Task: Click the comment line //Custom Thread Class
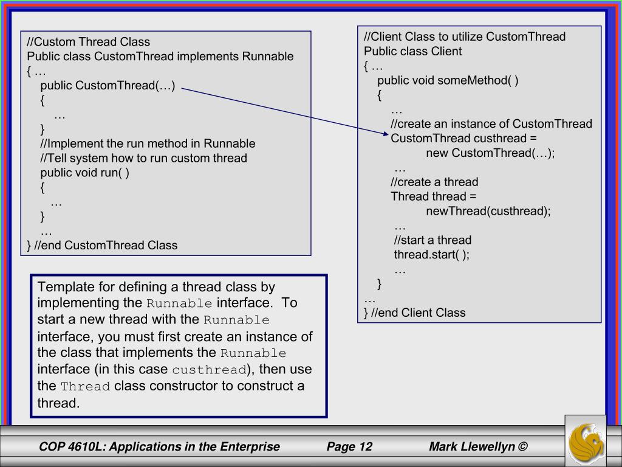(88, 42)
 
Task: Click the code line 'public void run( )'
(85, 173)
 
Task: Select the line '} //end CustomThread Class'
(102, 246)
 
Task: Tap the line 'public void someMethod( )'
(448, 80)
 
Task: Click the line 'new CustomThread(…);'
(490, 153)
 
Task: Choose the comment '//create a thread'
(434, 182)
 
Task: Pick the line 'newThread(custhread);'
(488, 212)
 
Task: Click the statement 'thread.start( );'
(432, 255)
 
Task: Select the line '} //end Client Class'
(414, 313)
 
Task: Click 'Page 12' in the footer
(349, 447)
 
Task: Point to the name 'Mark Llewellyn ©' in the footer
(478, 447)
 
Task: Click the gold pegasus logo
(585, 443)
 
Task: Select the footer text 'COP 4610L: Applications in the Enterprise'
(159, 447)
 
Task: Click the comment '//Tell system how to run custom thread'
(144, 158)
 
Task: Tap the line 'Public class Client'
(413, 51)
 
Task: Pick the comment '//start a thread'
(432, 240)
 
